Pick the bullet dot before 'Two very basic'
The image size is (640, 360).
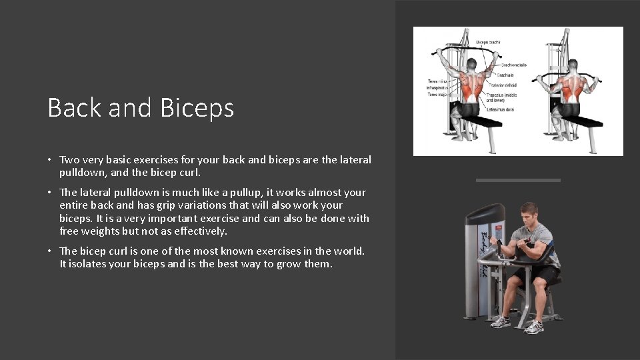click(50, 160)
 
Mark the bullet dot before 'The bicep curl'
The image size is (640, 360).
click(50, 251)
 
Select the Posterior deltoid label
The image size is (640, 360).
click(503, 85)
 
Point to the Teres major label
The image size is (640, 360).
click(436, 95)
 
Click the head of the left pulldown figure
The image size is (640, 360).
click(471, 64)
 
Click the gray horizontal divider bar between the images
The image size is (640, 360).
click(518, 180)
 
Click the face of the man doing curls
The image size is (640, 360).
click(528, 217)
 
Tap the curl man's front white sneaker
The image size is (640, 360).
click(533, 327)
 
